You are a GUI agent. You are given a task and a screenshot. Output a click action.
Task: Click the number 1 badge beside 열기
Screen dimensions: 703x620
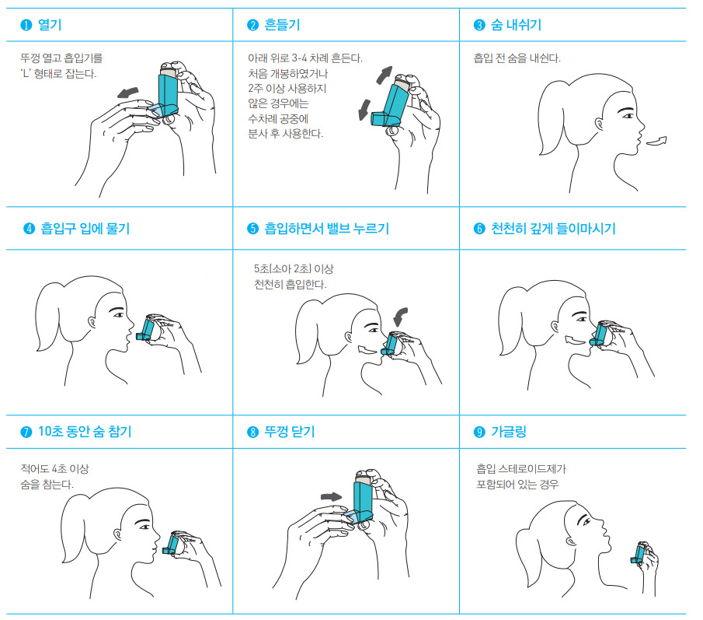point(26,25)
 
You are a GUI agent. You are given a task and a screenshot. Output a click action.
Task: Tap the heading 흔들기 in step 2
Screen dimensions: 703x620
point(282,25)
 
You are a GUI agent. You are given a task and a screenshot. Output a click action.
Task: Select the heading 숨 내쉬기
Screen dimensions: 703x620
point(516,25)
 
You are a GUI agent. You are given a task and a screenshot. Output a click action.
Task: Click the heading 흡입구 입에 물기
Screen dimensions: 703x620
point(85,229)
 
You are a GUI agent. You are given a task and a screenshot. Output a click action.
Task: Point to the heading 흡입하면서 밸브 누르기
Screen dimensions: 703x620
point(326,229)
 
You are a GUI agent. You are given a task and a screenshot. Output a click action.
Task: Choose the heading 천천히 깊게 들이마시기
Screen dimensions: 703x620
point(553,229)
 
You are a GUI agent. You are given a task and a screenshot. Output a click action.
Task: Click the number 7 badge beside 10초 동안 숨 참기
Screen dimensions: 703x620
point(26,432)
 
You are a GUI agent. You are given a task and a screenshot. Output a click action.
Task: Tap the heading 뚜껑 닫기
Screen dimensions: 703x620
point(290,432)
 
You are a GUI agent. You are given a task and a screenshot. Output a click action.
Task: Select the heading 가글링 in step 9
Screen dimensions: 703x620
point(509,432)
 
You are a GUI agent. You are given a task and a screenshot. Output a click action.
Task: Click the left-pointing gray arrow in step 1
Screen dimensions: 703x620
point(128,93)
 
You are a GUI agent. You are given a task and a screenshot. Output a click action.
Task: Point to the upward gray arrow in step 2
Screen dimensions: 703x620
point(385,75)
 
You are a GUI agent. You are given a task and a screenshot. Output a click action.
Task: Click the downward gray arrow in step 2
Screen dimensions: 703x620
point(364,110)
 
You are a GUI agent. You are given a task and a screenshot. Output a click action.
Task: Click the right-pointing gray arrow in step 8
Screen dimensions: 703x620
point(332,496)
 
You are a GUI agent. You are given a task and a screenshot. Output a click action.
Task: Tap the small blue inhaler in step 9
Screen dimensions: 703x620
point(639,553)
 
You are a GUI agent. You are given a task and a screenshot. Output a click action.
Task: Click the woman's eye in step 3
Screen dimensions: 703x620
point(628,116)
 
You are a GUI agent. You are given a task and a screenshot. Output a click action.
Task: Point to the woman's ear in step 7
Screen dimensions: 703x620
point(118,534)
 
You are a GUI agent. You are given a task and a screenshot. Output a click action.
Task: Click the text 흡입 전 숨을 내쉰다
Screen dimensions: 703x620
point(517,58)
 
